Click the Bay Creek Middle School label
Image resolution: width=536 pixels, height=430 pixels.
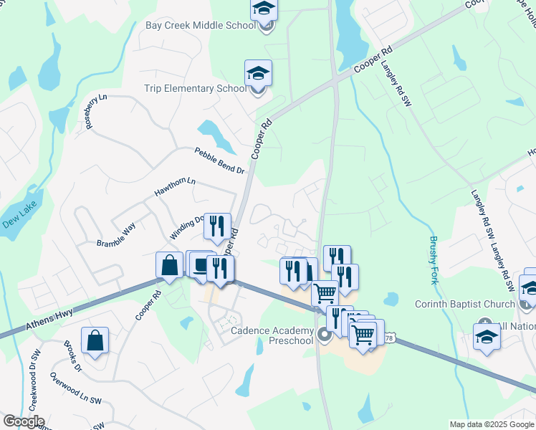pyautogui.click(x=200, y=26)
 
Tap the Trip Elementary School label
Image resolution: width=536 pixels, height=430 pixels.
pyautogui.click(x=196, y=88)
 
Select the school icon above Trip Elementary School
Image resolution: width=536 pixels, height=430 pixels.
pyautogui.click(x=258, y=73)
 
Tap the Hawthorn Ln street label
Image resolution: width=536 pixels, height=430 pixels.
pyautogui.click(x=175, y=188)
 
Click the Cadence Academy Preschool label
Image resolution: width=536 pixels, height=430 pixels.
pyautogui.click(x=272, y=335)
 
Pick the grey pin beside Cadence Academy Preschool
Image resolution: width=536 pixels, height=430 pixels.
pyautogui.click(x=325, y=333)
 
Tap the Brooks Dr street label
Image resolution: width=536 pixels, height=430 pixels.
pyautogui.click(x=72, y=355)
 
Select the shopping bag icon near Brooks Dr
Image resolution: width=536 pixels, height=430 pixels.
pyautogui.click(x=95, y=340)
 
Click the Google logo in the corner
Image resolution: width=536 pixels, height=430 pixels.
pyautogui.click(x=23, y=421)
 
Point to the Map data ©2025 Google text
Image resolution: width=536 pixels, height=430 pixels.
pyautogui.click(x=492, y=424)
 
